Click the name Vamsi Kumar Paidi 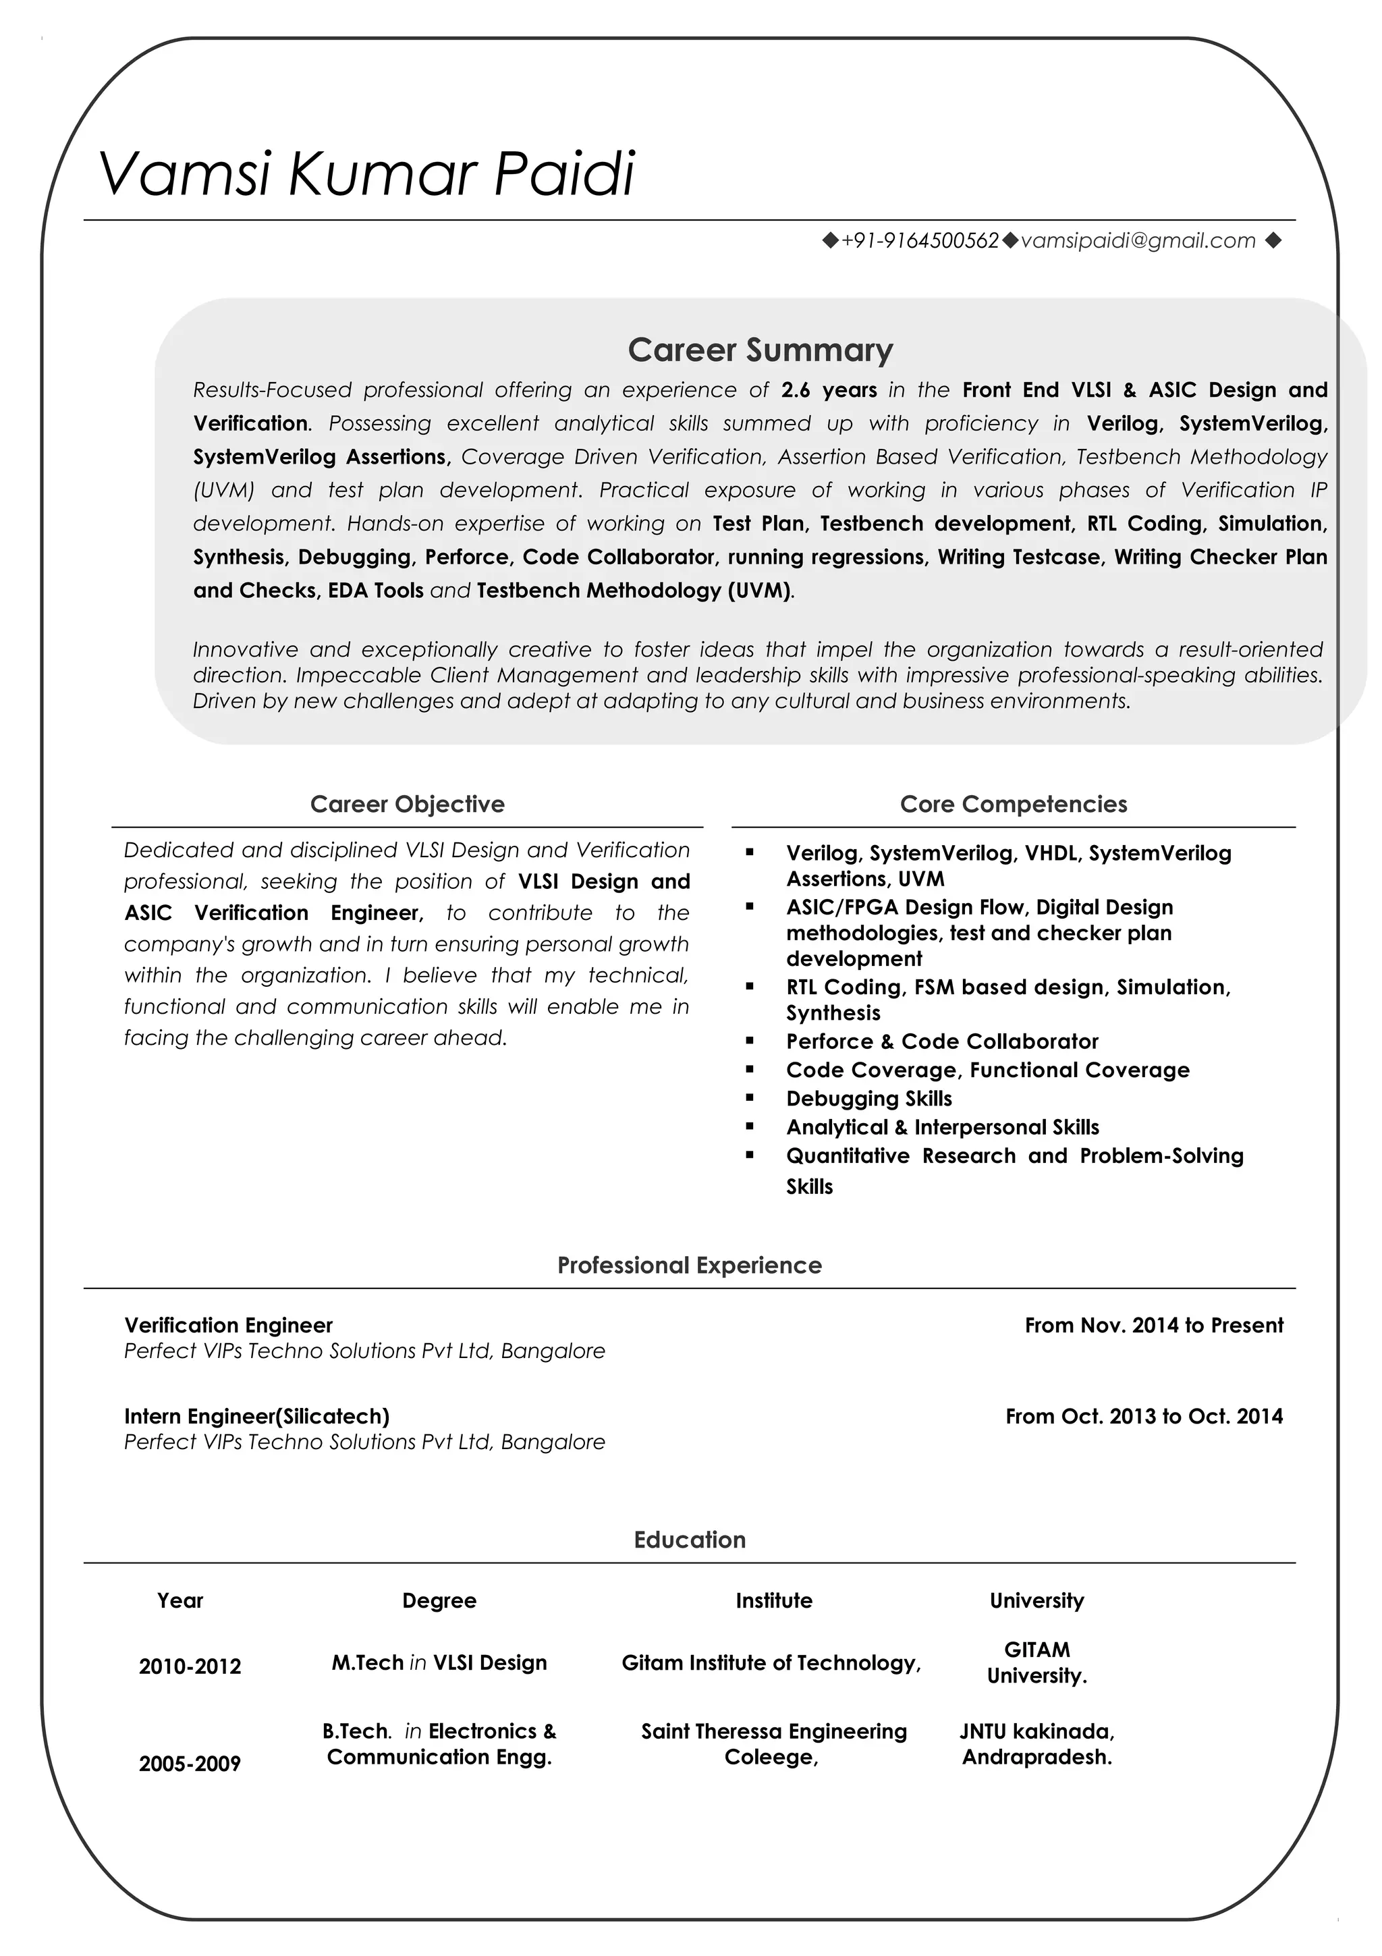click(x=366, y=173)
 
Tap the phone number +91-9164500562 click(x=919, y=241)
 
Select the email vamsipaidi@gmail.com click(x=1138, y=241)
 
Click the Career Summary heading click(x=760, y=350)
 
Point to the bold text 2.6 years click(x=829, y=390)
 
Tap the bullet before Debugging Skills click(x=749, y=1097)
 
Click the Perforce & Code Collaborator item click(x=942, y=1041)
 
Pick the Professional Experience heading click(x=689, y=1264)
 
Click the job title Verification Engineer click(x=228, y=1325)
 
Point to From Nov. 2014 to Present click(x=1153, y=1325)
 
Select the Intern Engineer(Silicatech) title click(x=256, y=1416)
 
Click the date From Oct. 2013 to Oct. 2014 click(x=1144, y=1416)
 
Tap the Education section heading click(x=689, y=1540)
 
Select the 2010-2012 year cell click(x=190, y=1666)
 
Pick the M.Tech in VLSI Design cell click(x=439, y=1662)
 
